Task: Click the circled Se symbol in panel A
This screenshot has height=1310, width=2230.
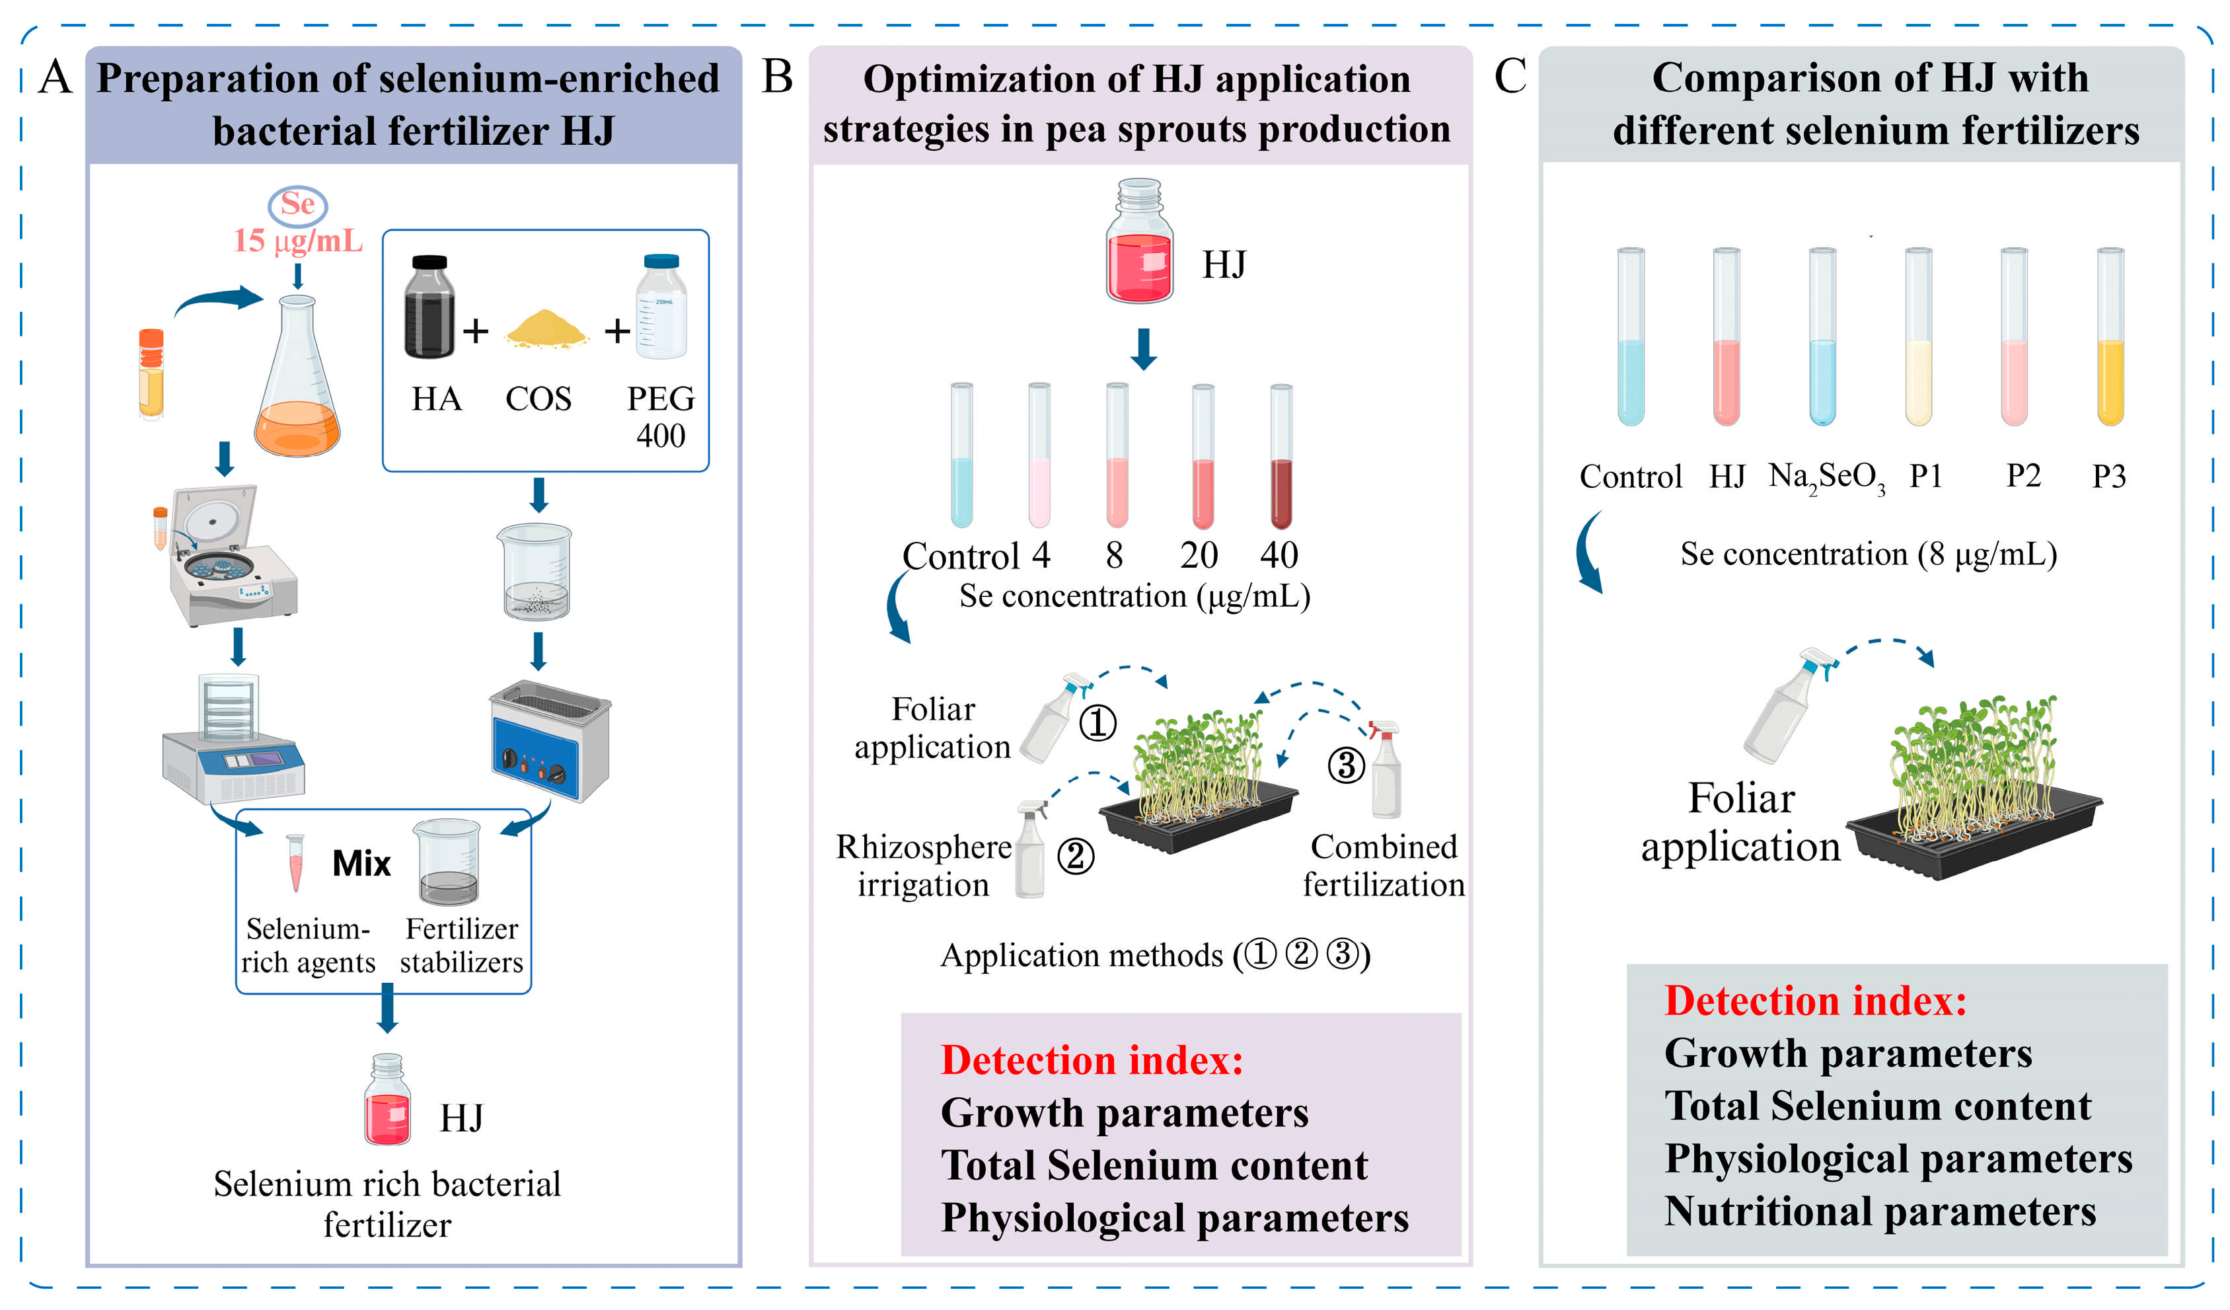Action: pos(298,204)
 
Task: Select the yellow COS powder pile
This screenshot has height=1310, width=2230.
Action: pos(546,329)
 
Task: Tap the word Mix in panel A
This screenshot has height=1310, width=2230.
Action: pos(361,864)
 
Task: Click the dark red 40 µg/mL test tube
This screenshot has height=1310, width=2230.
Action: pos(1281,457)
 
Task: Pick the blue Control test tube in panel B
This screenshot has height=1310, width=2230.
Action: pos(961,457)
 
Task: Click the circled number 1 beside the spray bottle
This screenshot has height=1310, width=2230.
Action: pos(1097,724)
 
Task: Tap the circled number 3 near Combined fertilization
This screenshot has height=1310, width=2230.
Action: pos(1346,765)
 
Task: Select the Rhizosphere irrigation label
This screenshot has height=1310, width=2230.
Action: pos(923,866)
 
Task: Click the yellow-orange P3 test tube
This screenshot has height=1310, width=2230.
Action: pos(2110,338)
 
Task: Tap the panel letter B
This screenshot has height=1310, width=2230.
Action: pos(776,77)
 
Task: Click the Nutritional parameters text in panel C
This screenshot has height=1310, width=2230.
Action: pos(1880,1212)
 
